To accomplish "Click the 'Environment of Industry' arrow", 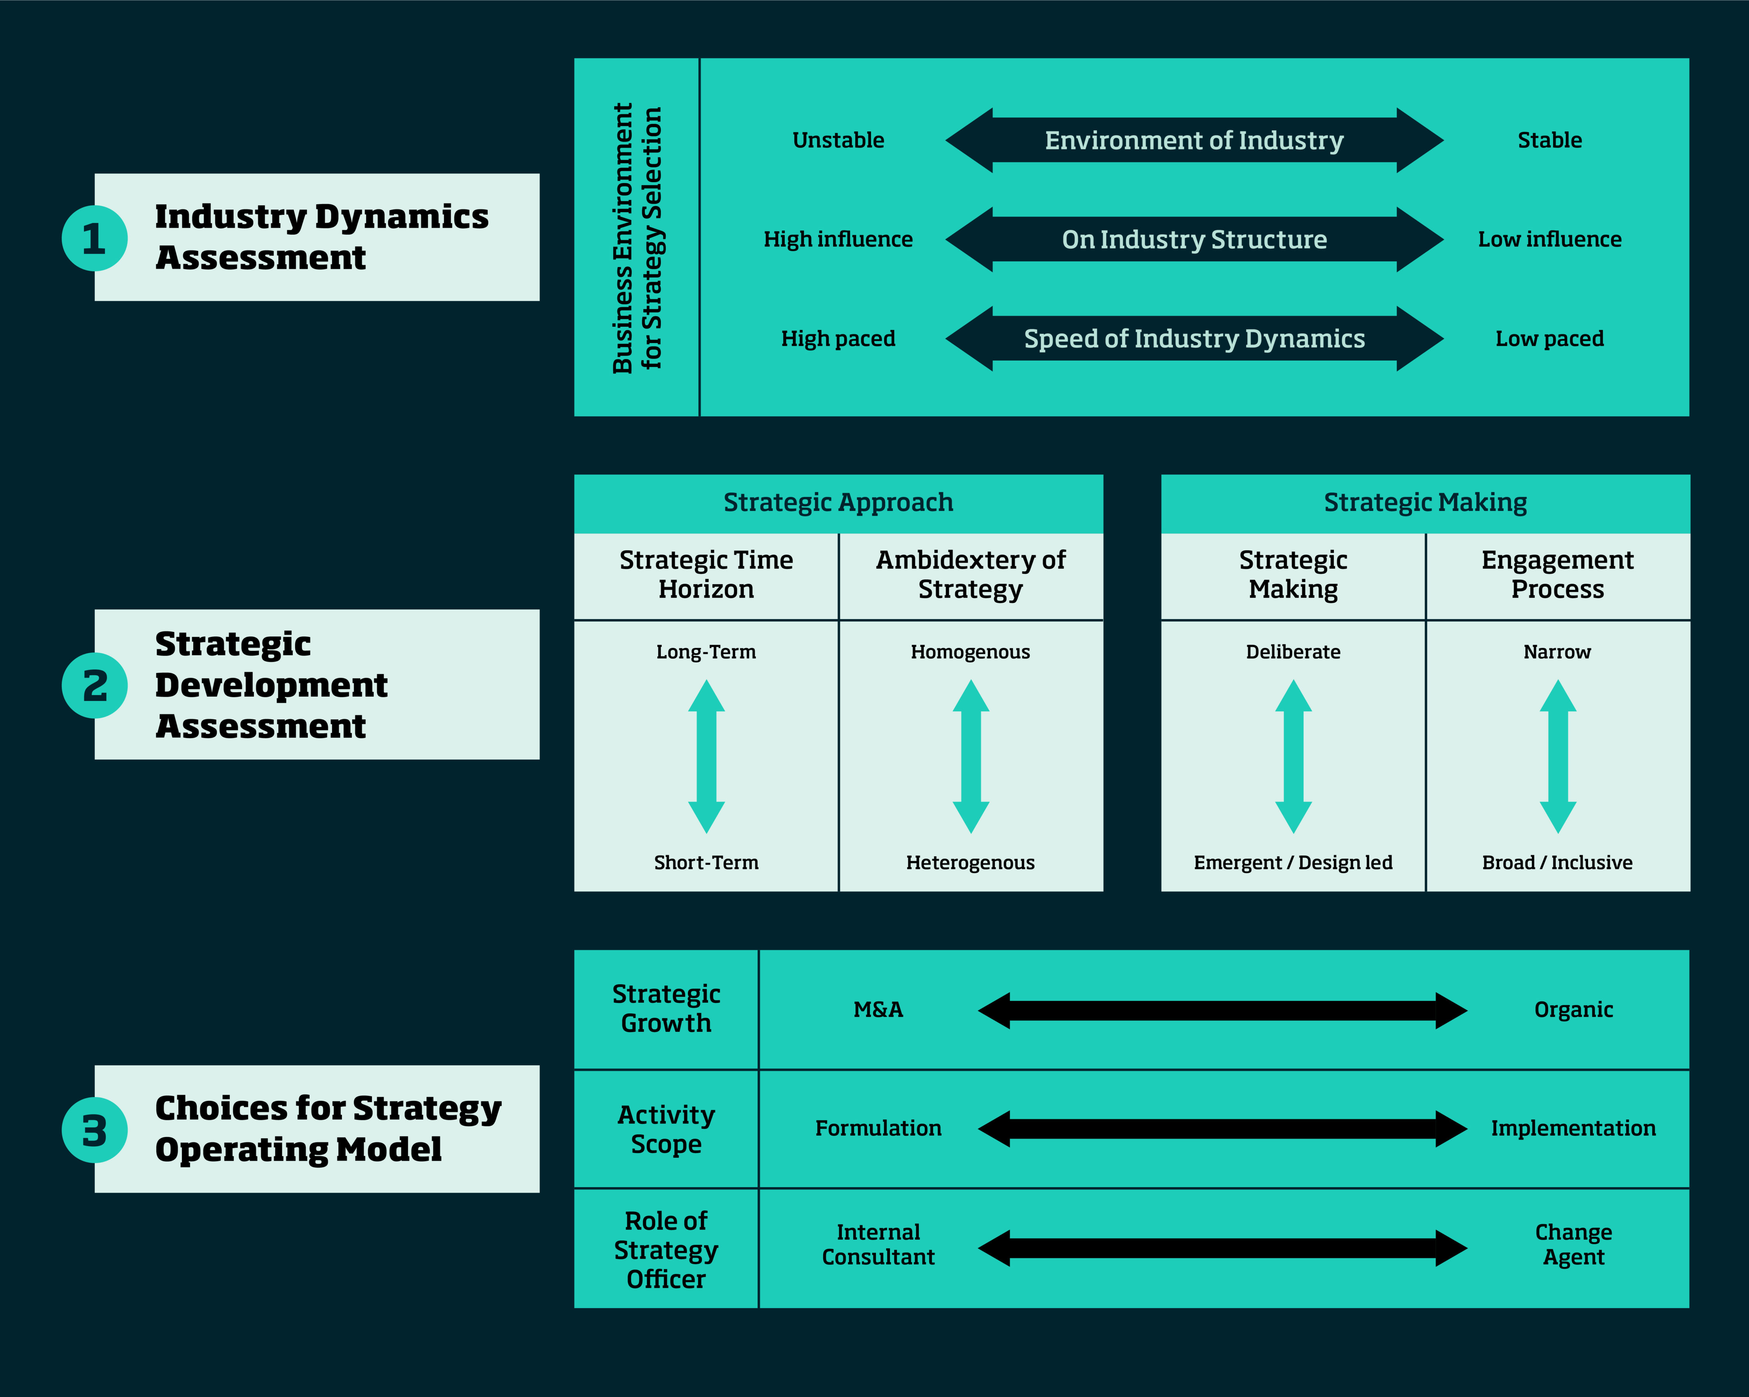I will [x=1194, y=140].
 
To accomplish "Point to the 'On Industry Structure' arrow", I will [x=1194, y=239].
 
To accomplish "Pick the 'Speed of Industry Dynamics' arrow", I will [x=1194, y=338].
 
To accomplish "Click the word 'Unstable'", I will [x=838, y=140].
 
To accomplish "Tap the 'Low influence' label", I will [x=1550, y=239].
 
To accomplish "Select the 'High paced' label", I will [x=838, y=338].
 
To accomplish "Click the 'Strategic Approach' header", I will [x=838, y=502].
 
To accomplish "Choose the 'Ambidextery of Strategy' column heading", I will [x=970, y=574].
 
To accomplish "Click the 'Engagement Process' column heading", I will [x=1557, y=574].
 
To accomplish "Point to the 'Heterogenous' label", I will [x=970, y=862].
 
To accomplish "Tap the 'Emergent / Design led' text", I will [x=1293, y=862].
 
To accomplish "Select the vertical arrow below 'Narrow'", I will [x=1557, y=756].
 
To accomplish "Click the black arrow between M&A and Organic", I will [x=1222, y=1010].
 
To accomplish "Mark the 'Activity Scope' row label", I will [x=666, y=1129].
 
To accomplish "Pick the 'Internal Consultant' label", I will [x=878, y=1245].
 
